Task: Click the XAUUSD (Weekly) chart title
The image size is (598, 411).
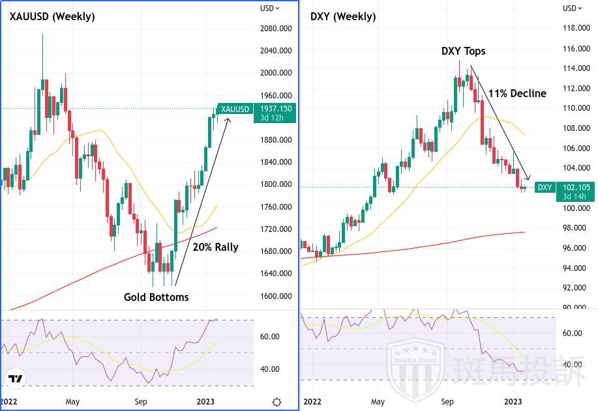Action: click(52, 17)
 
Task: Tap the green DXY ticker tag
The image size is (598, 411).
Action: click(545, 188)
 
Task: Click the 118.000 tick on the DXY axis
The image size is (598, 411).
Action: click(576, 28)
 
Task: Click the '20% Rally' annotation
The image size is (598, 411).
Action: click(215, 247)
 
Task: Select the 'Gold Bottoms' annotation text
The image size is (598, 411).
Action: click(156, 297)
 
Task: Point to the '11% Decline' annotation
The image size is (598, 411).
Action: click(517, 93)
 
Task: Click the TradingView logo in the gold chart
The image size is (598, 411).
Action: click(14, 378)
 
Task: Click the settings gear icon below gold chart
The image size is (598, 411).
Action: click(277, 402)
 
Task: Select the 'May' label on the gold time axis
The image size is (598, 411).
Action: click(72, 402)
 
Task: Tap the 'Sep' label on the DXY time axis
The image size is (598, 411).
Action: click(447, 402)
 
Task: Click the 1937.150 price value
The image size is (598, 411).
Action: click(276, 108)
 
